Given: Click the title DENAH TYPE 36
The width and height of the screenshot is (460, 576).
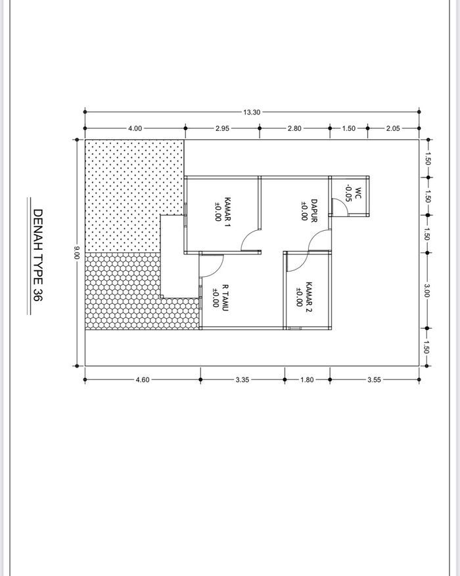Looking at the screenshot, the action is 38,255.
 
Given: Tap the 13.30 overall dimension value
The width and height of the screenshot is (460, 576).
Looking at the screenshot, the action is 252,112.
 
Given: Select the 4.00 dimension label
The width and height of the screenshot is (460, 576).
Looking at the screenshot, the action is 135,128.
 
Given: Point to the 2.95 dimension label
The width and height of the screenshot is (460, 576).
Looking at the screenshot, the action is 222,128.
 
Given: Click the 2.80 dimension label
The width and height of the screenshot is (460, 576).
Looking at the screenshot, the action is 294,128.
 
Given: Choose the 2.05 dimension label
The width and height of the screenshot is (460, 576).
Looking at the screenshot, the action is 393,128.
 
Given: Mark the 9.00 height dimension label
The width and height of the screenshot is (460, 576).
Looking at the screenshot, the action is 77,252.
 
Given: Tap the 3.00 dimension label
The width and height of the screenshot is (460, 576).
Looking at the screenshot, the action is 427,291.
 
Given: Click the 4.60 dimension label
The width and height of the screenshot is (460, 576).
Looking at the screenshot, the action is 143,380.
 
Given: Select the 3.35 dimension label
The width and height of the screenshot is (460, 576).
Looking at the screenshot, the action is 242,380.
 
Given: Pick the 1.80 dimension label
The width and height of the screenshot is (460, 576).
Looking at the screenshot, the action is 307,380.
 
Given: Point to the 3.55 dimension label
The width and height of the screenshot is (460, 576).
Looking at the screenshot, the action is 374,380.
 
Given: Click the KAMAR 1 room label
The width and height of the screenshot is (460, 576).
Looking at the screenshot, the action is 227,212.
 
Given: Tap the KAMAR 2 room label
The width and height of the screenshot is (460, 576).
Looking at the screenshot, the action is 309,297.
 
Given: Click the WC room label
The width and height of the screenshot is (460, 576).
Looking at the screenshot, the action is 358,193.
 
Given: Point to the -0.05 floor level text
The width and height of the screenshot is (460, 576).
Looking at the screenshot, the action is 348,193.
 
